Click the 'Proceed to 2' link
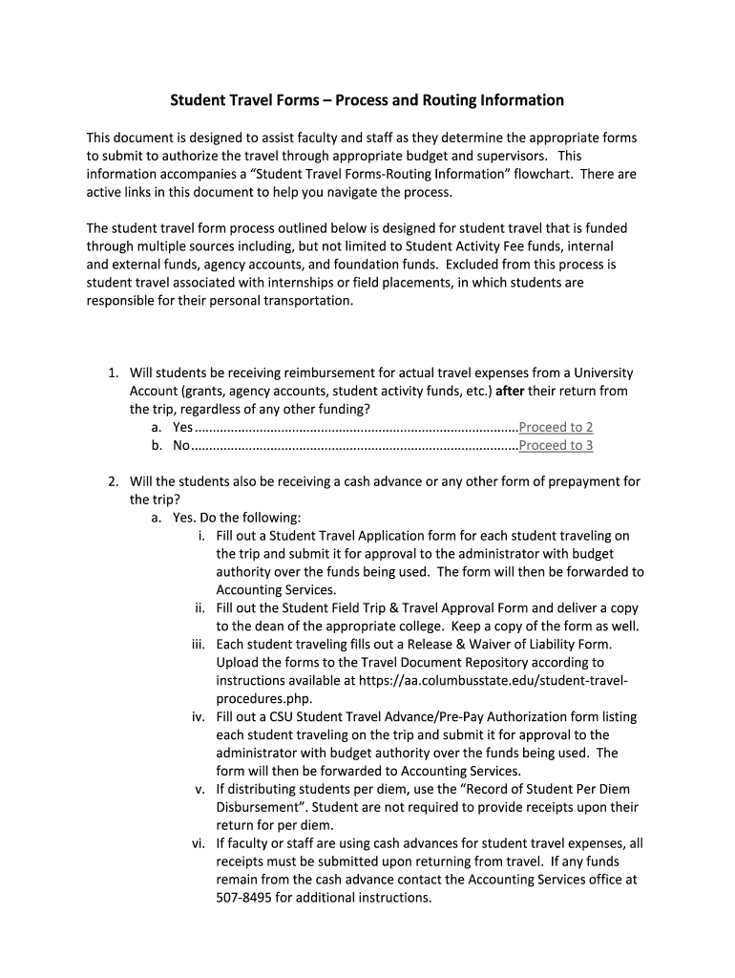click(x=556, y=427)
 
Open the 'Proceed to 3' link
click(x=556, y=445)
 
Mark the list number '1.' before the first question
click(x=113, y=372)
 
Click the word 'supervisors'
click(x=513, y=156)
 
